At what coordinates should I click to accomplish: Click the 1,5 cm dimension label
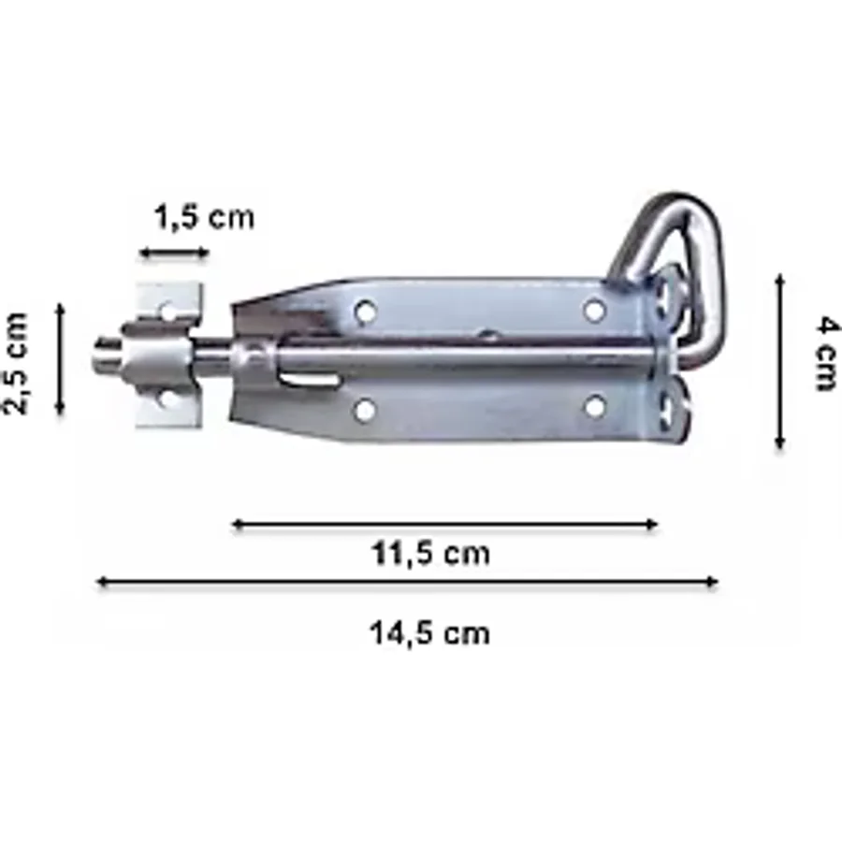[x=204, y=218]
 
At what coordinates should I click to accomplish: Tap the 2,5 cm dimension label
[x=16, y=363]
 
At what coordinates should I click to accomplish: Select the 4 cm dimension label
[x=826, y=354]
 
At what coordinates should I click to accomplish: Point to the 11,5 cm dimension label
[x=430, y=554]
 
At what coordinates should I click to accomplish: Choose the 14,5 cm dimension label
[x=429, y=633]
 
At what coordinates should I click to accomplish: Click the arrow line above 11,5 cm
[x=445, y=524]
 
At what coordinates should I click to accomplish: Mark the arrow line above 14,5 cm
[x=408, y=582]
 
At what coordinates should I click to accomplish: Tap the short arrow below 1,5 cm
[x=174, y=252]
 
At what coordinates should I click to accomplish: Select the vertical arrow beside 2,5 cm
[x=60, y=359]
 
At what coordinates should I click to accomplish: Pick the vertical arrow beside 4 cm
[x=780, y=361]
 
